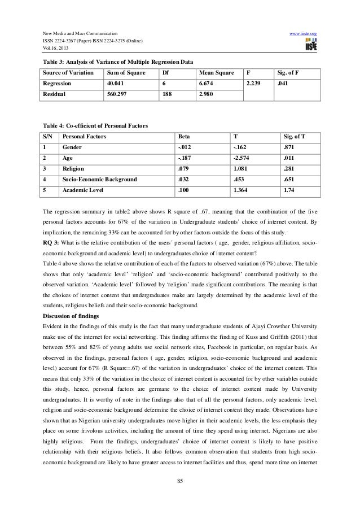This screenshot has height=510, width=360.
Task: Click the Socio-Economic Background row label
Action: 100,180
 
